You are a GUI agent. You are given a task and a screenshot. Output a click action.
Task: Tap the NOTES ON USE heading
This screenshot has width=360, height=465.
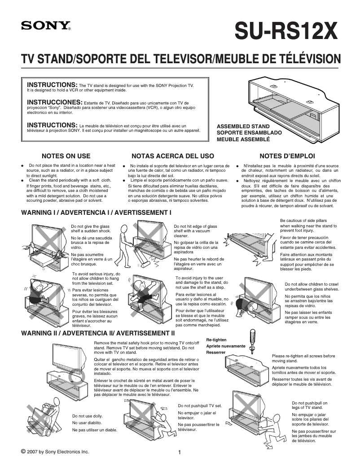(x=66, y=156)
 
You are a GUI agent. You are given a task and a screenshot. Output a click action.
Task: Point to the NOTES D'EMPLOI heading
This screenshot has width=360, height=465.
(x=284, y=156)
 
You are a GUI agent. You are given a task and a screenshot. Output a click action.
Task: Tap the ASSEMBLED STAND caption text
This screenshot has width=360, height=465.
(x=243, y=126)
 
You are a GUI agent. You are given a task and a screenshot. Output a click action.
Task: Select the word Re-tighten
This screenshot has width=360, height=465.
(x=216, y=339)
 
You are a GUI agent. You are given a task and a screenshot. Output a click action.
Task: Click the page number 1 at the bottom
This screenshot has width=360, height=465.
(x=180, y=452)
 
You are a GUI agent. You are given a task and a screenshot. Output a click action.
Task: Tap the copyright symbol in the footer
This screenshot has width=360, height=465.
(x=23, y=451)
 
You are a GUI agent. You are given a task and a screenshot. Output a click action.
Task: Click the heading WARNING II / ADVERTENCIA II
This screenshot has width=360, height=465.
(x=98, y=333)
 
